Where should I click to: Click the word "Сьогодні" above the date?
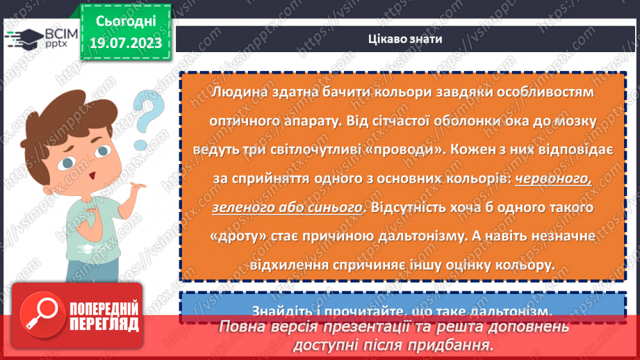125,21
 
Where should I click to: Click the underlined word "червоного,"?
553,179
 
